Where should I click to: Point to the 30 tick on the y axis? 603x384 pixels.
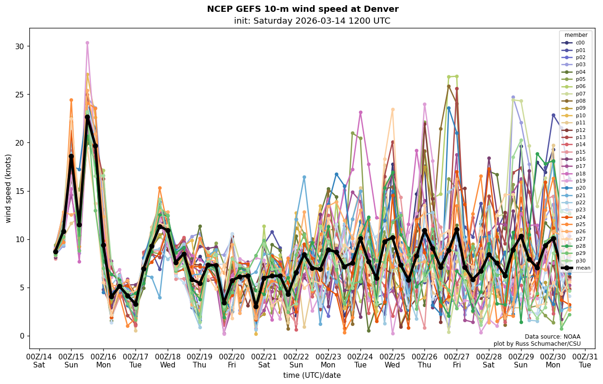tap(19, 46)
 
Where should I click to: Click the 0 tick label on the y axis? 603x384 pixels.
tap(21, 336)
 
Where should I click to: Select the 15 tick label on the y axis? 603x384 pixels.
tap(19, 191)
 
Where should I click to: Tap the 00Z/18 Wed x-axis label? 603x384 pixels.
tap(168, 360)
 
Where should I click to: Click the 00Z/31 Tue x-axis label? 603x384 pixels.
tap(585, 360)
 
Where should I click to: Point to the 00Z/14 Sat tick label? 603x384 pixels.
tap(39, 360)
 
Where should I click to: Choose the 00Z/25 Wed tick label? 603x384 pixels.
tap(393, 360)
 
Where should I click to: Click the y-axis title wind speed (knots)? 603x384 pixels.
tap(9, 188)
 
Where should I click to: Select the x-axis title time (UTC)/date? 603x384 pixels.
tap(312, 375)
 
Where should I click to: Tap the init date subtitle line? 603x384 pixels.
tap(312, 21)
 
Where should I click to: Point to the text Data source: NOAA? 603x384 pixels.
tap(552, 337)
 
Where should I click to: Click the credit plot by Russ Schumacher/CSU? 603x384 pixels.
tap(537, 344)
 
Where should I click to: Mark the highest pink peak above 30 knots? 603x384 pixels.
tap(87, 43)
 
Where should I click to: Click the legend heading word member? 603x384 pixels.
tap(576, 35)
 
